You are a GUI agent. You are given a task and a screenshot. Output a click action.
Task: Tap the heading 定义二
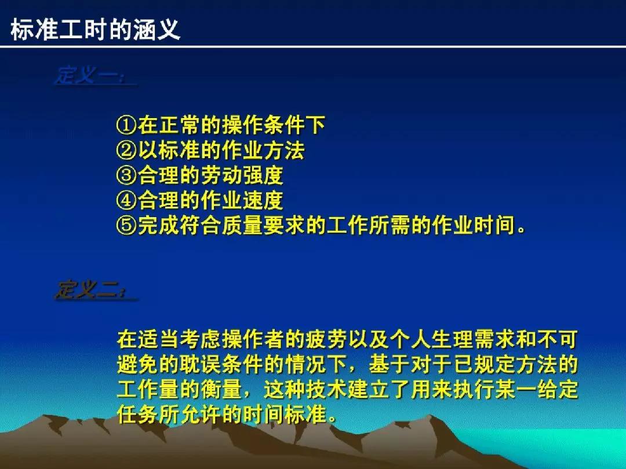[x=93, y=290]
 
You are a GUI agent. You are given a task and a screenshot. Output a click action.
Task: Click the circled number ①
[x=126, y=124]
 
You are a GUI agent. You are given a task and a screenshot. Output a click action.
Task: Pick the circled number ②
[x=126, y=150]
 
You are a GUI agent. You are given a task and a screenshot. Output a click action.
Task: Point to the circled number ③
[x=126, y=175]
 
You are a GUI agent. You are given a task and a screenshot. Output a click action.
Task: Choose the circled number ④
[x=126, y=200]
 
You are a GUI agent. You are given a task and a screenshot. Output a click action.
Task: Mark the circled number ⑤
[x=126, y=226]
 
